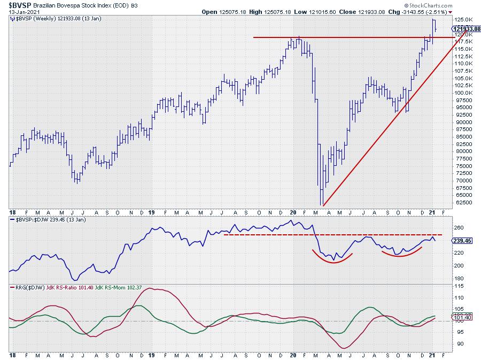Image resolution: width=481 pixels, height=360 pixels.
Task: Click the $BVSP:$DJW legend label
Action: tap(32, 220)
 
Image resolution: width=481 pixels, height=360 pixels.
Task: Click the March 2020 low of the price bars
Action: tap(322, 204)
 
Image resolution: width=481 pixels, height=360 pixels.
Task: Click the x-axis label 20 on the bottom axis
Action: tap(293, 355)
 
